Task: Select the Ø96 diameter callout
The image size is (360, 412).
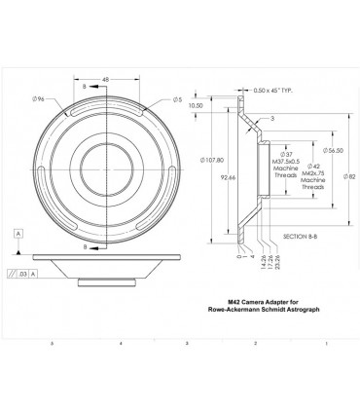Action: pyautogui.click(x=40, y=98)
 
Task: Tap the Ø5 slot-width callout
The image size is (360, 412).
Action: pyautogui.click(x=179, y=99)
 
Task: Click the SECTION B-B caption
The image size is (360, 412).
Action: pyautogui.click(x=300, y=237)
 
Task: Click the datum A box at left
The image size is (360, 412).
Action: pyautogui.click(x=18, y=234)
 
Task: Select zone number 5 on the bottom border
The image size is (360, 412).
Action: pyautogui.click(x=51, y=344)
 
